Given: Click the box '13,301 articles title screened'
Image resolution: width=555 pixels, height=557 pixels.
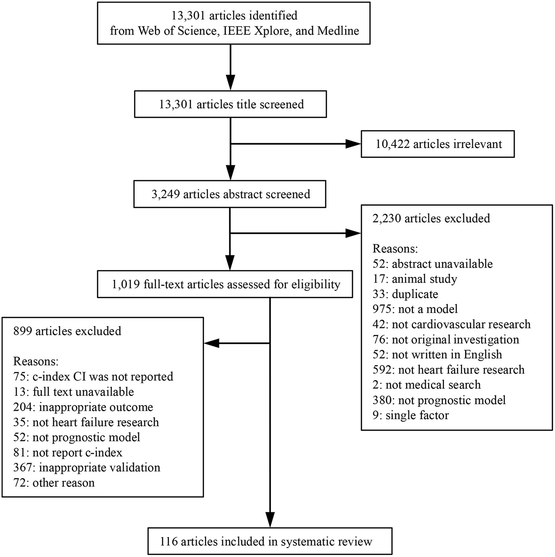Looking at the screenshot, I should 230,105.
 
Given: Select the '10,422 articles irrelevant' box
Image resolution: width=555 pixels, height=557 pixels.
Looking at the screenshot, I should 437,144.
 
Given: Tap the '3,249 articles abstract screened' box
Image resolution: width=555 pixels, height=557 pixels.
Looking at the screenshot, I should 230,194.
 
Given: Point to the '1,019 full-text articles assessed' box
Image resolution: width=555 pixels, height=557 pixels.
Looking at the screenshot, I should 226,284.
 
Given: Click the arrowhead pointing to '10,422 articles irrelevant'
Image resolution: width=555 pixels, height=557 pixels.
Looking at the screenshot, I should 353,144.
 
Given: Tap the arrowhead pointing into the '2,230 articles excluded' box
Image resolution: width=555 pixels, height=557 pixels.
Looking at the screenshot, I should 353,234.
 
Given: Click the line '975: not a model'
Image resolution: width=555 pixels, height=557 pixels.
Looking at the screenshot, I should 415,309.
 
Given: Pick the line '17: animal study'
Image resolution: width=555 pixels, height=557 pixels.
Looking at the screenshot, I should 414,279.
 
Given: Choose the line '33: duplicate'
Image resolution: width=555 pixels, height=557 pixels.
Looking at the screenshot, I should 405,294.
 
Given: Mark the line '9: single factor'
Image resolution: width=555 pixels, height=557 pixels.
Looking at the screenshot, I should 410,415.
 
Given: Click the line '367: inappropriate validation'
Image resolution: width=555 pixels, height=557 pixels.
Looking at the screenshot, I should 87,468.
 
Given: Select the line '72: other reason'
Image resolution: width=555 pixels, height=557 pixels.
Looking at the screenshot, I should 54,483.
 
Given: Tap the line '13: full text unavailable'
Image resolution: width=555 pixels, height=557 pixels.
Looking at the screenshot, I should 73,392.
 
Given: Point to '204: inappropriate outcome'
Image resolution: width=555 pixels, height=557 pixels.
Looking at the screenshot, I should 83,407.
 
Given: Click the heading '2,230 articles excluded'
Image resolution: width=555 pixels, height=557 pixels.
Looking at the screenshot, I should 431,218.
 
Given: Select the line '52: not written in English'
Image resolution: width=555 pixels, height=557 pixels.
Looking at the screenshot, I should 437,354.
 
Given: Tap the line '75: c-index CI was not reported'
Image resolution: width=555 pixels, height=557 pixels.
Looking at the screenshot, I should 93,377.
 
